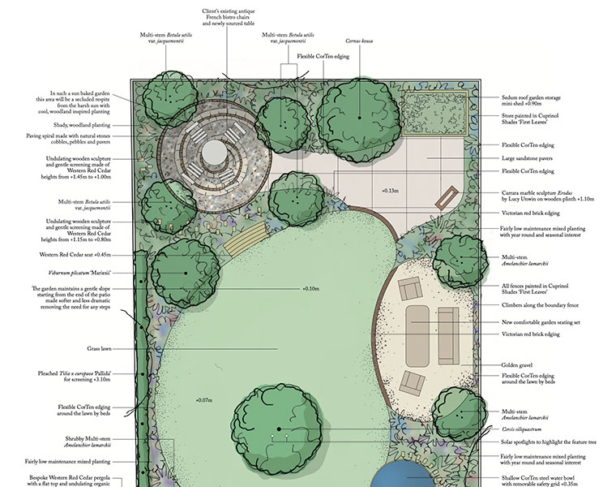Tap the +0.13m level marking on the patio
pyautogui.click(x=390, y=191)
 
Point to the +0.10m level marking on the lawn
pyautogui.click(x=310, y=289)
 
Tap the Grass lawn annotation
pyautogui.click(x=98, y=349)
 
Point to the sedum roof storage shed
pyautogui.click(x=438, y=114)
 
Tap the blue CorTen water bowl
pyautogui.click(x=413, y=475)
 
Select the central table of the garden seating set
pyautogui.click(x=420, y=319)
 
